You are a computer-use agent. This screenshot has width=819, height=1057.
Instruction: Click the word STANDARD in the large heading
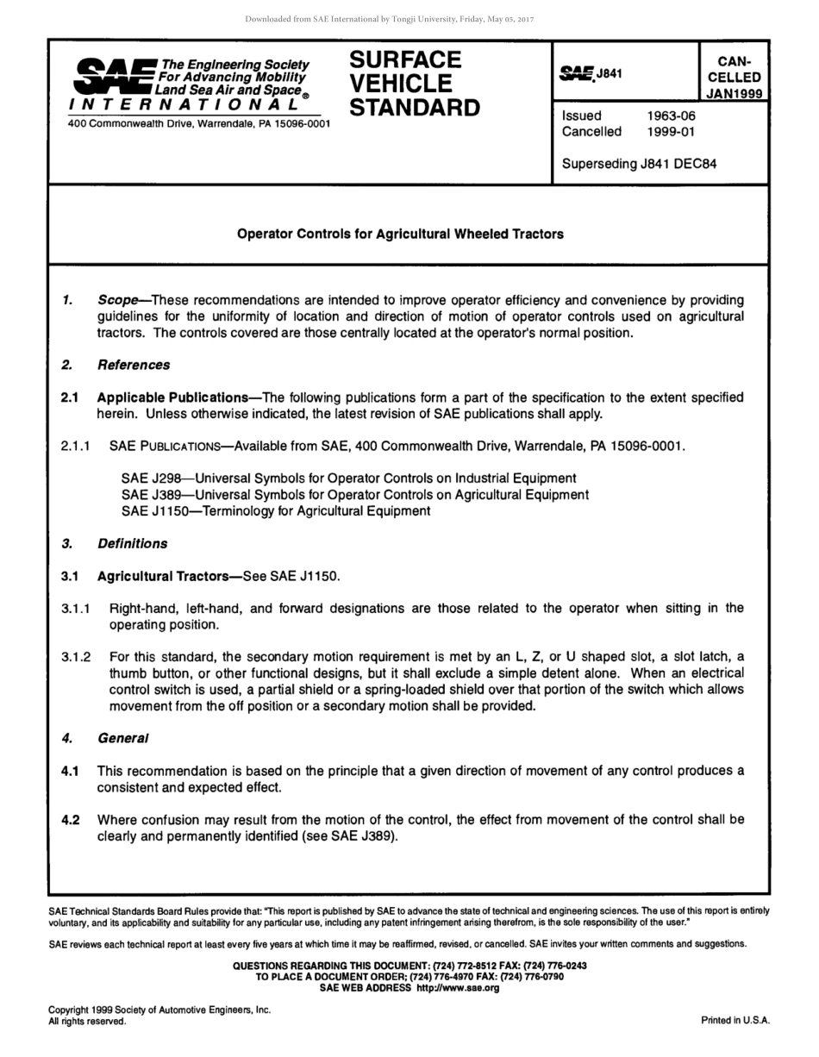415,109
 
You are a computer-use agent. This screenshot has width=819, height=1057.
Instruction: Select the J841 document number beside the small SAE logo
609,73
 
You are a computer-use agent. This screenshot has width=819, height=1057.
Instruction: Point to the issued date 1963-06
671,116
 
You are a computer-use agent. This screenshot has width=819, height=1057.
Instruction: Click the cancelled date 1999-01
671,132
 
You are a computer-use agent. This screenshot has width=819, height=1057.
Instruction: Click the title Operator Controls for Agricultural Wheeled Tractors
400,234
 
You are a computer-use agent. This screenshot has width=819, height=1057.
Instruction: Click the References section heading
134,365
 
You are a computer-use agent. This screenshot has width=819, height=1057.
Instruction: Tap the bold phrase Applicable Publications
172,397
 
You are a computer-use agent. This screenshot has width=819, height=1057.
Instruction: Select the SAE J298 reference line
348,478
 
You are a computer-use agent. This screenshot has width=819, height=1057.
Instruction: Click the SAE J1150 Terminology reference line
276,510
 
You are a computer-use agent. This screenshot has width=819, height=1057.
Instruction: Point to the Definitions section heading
132,543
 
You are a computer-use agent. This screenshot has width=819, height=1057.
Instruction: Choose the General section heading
122,738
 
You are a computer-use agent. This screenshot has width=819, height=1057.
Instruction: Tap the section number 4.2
71,819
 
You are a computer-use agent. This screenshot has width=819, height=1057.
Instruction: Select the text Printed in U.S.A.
735,1020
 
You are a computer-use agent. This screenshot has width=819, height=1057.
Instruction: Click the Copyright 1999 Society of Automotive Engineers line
159,1010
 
